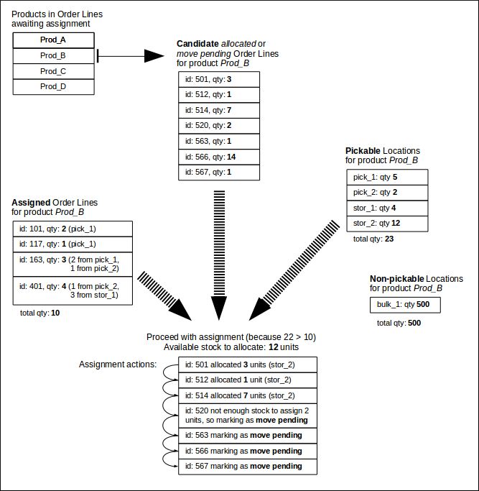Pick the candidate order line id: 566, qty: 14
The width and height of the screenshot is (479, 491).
[218, 156]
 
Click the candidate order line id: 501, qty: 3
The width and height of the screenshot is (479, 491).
[218, 78]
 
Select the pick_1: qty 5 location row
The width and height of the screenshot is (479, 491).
[386, 178]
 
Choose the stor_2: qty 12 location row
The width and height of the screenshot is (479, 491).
[386, 224]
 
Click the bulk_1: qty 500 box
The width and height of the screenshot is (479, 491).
[404, 306]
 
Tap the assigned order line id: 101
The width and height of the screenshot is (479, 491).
[73, 229]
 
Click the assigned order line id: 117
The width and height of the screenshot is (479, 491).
[73, 244]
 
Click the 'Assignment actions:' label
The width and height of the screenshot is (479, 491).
[118, 364]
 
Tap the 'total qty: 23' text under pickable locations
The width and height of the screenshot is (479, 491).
[369, 239]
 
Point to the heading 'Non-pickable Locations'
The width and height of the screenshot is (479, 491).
[416, 279]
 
